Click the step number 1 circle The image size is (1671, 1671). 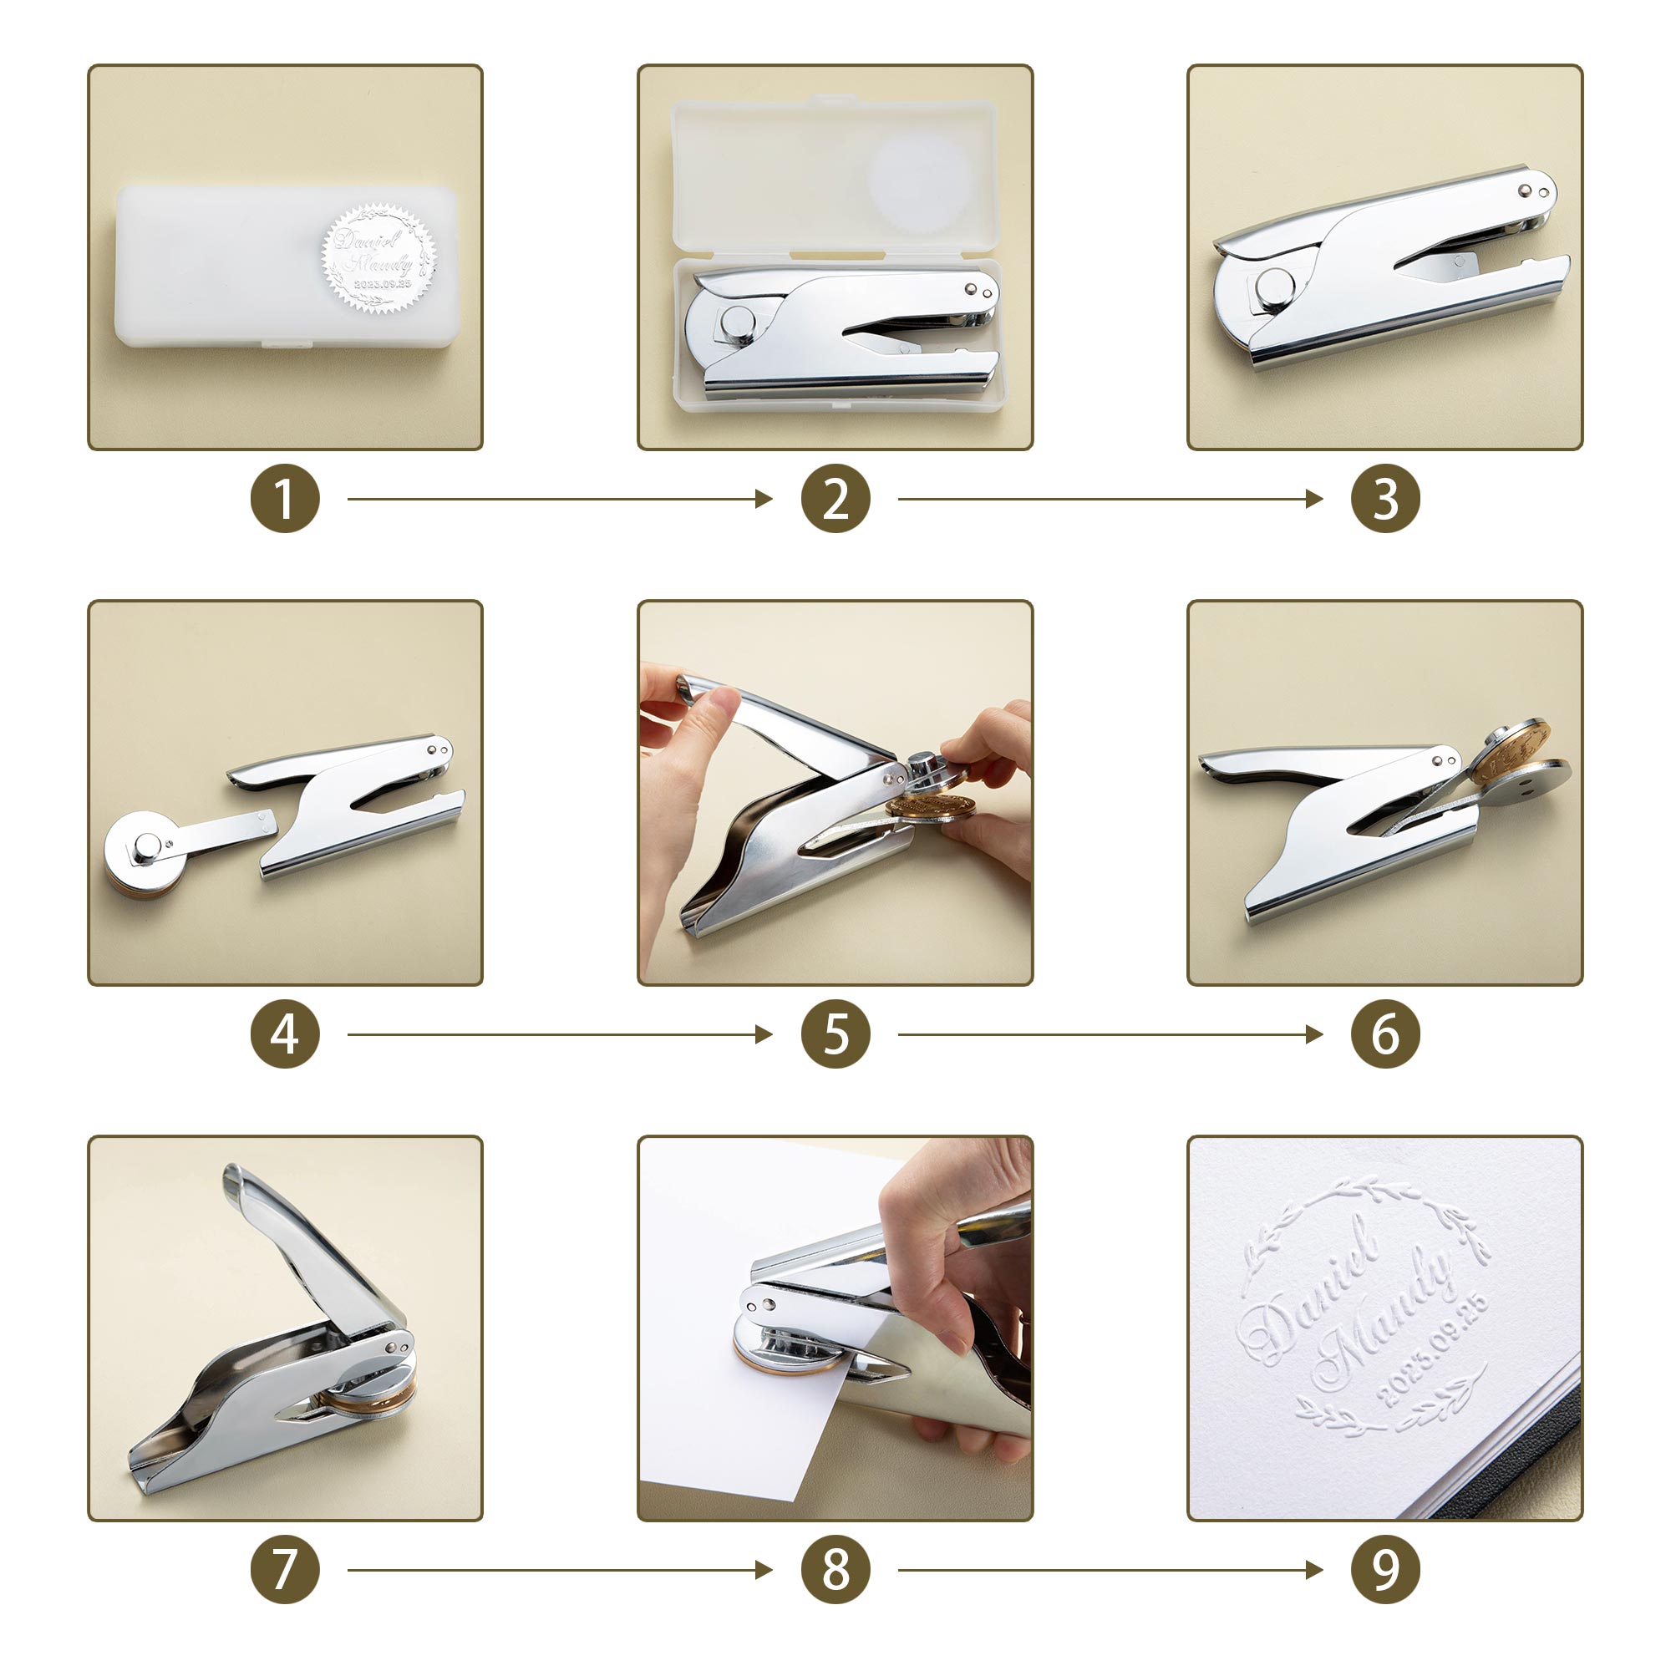[285, 499]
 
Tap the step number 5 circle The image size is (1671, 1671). [835, 1034]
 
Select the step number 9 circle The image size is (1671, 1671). [1384, 1570]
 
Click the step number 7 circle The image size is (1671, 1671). [285, 1570]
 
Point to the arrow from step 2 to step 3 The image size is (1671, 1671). [1110, 499]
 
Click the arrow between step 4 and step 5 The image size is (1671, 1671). [559, 1034]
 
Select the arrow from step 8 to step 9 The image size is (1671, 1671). [1110, 1570]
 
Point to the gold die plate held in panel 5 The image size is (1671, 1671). [929, 807]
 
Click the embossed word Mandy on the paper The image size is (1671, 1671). [1384, 1318]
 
